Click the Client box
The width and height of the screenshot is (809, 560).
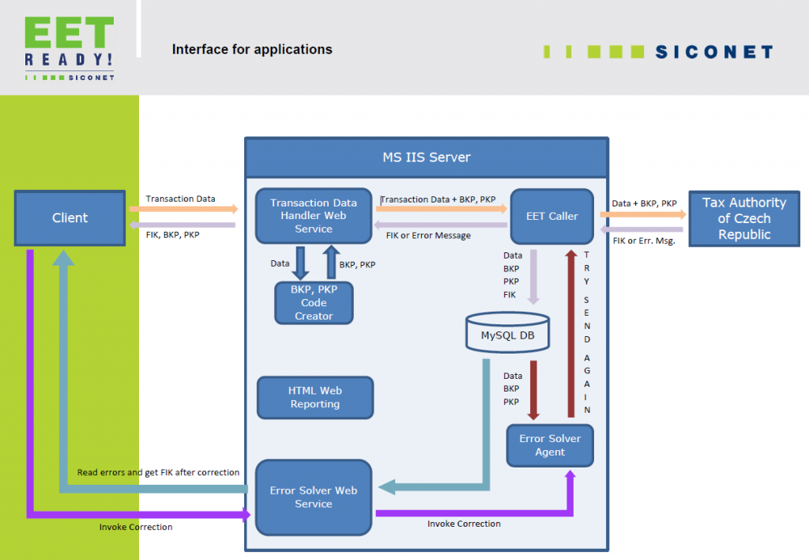pyautogui.click(x=70, y=218)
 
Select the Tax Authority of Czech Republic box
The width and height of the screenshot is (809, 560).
pyautogui.click(x=744, y=218)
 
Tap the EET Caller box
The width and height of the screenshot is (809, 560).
pyautogui.click(x=551, y=216)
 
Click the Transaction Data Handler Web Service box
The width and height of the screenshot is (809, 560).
pyautogui.click(x=314, y=215)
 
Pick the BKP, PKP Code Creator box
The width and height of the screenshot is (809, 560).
pyautogui.click(x=314, y=303)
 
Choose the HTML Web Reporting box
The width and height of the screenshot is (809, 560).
pyautogui.click(x=314, y=397)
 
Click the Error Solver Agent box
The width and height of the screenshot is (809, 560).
pyautogui.click(x=550, y=445)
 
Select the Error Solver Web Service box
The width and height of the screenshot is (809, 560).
pyautogui.click(x=313, y=497)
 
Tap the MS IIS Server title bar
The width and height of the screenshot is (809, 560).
pyautogui.click(x=427, y=157)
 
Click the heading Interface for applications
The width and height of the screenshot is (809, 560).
pyautogui.click(x=252, y=49)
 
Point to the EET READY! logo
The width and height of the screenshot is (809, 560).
pyautogui.click(x=69, y=47)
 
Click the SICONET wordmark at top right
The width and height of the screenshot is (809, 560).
pyautogui.click(x=713, y=52)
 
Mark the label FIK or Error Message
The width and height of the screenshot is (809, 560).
pyautogui.click(x=428, y=235)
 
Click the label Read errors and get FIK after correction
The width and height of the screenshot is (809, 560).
pyautogui.click(x=158, y=472)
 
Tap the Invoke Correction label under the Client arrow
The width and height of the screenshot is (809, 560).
pyautogui.click(x=136, y=527)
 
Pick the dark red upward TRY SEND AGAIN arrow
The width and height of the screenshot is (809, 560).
pyautogui.click(x=569, y=332)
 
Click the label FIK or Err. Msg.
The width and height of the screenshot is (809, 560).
pyautogui.click(x=644, y=240)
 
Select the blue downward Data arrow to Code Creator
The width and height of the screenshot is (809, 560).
pyautogui.click(x=300, y=263)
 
